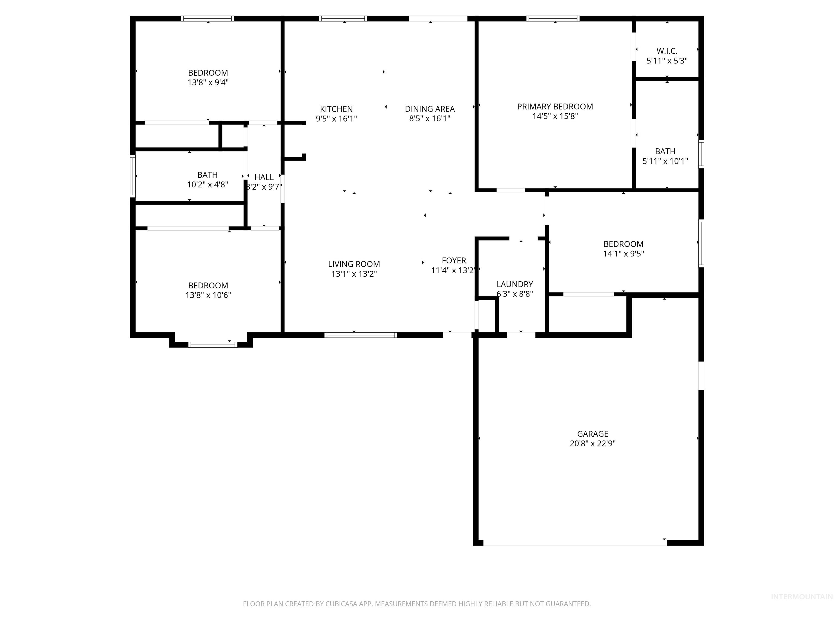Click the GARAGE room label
tap(592, 433)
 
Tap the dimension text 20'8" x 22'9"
tap(592, 444)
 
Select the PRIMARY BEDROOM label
tap(555, 107)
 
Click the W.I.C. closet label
tap(666, 51)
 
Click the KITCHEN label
tap(336, 109)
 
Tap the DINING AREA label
tap(429, 109)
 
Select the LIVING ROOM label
tap(354, 264)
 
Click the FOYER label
tap(454, 260)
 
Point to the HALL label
tap(264, 177)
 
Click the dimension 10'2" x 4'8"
tap(207, 185)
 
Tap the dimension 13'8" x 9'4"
tap(208, 82)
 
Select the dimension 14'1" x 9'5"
tap(623, 254)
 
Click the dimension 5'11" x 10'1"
tap(665, 161)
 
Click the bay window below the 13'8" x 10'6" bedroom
tap(213, 344)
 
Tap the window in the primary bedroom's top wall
tap(553, 18)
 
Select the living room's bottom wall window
tap(361, 335)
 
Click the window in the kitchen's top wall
tap(343, 18)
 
